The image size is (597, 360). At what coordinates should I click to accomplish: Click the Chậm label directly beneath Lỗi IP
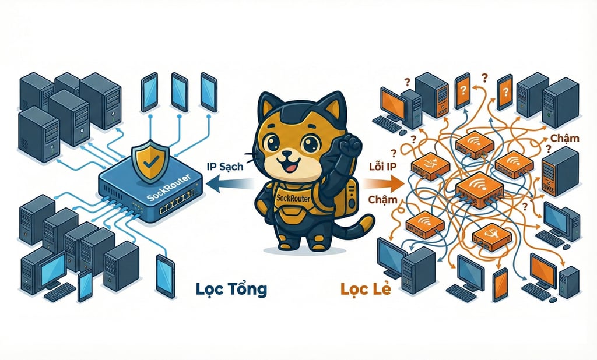point(383,199)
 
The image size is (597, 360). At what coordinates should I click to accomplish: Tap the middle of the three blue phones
point(179,91)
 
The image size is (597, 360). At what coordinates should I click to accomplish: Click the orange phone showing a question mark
point(463,90)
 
